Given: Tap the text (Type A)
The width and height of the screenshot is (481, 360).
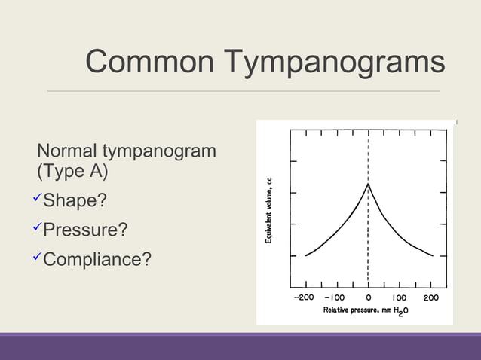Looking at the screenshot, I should coord(72,172).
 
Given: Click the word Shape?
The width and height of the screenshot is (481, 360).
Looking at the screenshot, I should coord(75,201).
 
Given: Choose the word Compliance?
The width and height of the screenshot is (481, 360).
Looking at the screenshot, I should coord(97,259).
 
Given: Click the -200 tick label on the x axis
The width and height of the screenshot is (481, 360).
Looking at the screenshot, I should coord(303,298).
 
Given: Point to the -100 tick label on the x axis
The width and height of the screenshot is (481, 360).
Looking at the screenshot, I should coord(335,298).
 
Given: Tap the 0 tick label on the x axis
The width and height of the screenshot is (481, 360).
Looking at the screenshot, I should coord(369,298).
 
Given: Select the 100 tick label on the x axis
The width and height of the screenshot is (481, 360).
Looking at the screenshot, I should coord(399,298).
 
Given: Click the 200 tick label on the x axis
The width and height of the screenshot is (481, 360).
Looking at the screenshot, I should coord(430,298).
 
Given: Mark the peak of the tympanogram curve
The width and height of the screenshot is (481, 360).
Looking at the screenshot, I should coord(367,184).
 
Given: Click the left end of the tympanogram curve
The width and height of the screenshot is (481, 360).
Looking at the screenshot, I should coord(305,256).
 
